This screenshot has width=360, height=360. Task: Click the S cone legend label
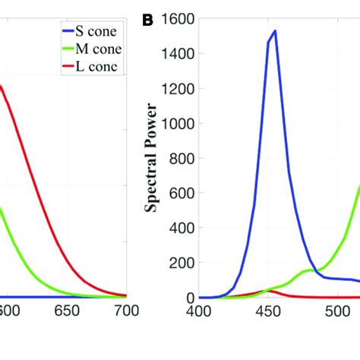[x=100, y=31]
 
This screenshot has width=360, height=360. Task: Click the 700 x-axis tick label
[x=125, y=311]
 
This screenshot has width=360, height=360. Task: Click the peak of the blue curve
[x=274, y=31]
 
